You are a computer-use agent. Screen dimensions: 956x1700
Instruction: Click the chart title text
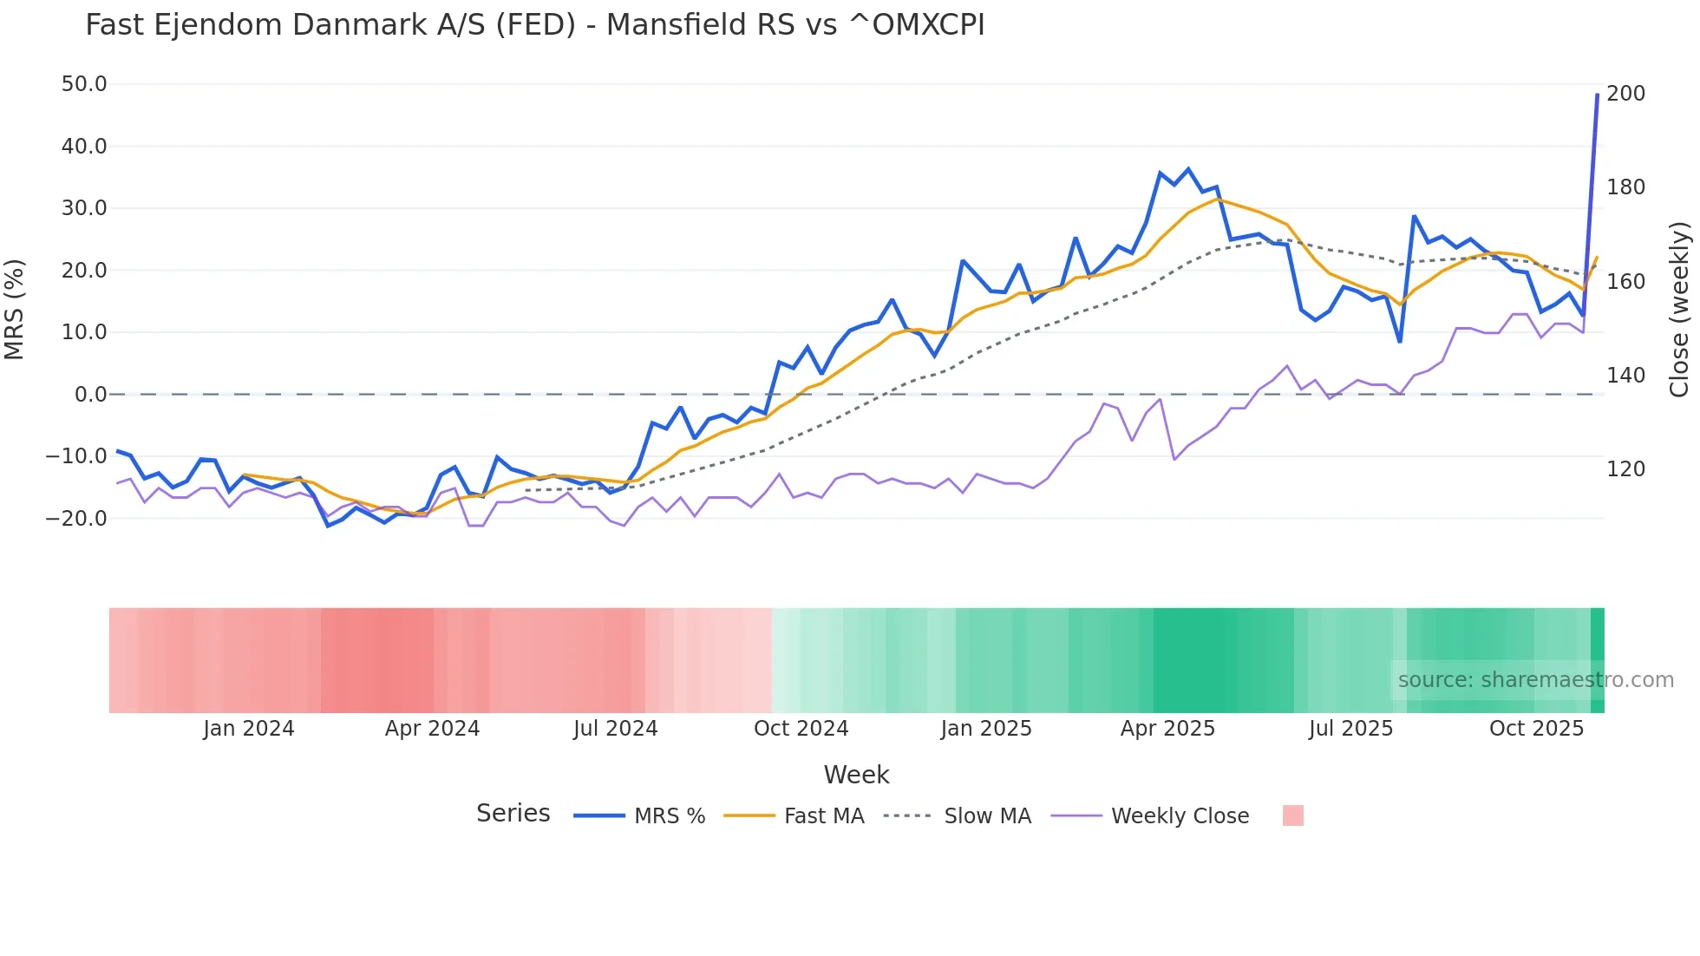point(534,25)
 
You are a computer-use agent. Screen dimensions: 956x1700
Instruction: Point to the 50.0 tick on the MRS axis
point(84,84)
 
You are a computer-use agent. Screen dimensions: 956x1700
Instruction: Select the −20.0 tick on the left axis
point(77,518)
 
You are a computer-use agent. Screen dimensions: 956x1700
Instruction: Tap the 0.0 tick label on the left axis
point(90,395)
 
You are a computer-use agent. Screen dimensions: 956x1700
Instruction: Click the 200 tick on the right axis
point(1625,94)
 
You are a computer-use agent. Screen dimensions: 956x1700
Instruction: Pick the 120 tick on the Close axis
point(1625,469)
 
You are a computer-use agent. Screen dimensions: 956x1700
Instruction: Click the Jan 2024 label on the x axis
point(249,729)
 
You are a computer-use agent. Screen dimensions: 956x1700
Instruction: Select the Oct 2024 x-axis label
point(801,729)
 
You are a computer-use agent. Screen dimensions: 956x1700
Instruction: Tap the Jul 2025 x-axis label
point(1350,729)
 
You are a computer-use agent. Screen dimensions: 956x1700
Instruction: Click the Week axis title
point(856,775)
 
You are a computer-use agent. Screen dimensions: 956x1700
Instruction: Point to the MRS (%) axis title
point(15,309)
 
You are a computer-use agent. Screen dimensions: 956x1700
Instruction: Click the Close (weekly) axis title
point(1679,309)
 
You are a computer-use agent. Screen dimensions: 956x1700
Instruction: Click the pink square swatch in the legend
point(1292,815)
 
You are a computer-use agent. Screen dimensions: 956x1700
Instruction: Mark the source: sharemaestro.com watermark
point(1535,680)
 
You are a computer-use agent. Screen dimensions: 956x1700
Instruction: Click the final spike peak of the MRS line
point(1597,95)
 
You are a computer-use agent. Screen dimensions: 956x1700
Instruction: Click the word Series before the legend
point(513,814)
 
